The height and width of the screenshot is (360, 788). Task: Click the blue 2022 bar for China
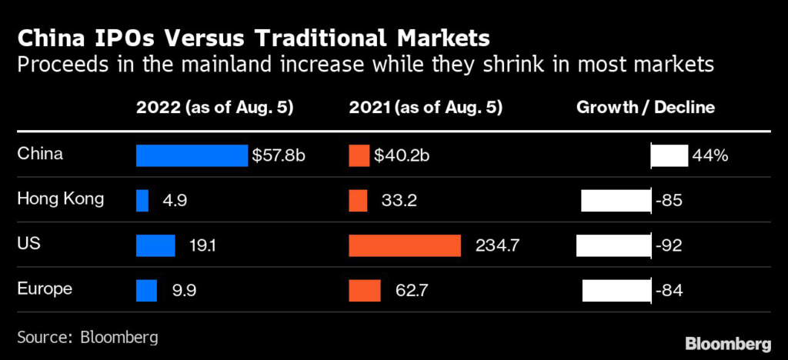pos(192,155)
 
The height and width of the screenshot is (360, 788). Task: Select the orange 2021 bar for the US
pos(405,245)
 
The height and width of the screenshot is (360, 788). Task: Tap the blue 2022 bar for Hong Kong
pos(142,201)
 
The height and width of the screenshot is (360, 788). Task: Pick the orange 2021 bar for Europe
pos(365,291)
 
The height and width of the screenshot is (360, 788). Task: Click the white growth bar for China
pos(669,155)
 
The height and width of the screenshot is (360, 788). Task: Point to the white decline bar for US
pos(614,245)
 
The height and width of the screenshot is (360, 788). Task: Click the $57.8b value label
pos(279,155)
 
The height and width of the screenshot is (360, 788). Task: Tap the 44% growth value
pos(710,155)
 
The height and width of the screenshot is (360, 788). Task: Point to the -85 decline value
pos(669,201)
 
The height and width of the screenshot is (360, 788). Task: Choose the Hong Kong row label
pos(60,199)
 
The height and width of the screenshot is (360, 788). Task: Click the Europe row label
pos(45,289)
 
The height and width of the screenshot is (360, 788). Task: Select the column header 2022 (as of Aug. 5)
pos(214,108)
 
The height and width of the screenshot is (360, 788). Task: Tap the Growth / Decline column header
pos(646,108)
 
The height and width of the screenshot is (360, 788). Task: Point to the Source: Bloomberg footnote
pos(87,337)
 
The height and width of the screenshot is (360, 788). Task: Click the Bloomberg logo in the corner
pos(727,341)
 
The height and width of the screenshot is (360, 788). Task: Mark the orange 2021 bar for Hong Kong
pos(358,201)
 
